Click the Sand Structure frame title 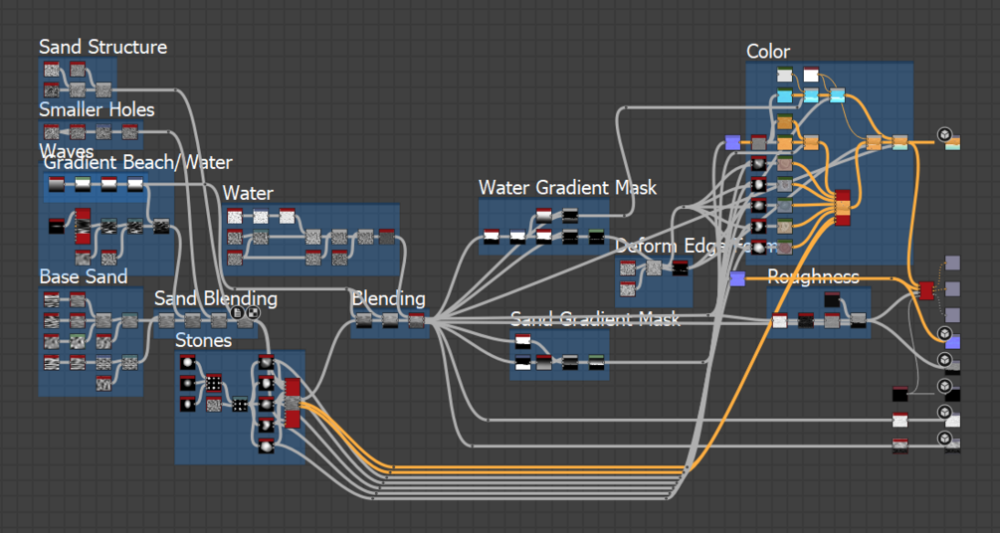click(102, 47)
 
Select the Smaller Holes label click(97, 109)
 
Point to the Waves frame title click(67, 150)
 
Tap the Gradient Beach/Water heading click(138, 162)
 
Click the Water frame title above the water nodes click(248, 193)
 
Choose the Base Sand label click(84, 276)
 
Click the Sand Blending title click(215, 298)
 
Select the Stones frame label click(203, 340)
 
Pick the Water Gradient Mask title click(567, 187)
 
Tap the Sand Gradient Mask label click(595, 318)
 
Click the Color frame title click(768, 52)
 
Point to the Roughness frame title click(813, 276)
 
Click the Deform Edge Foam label click(687, 246)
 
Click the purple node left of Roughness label click(737, 278)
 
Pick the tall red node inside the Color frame click(843, 207)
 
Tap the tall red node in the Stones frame click(293, 402)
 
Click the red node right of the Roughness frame click(926, 289)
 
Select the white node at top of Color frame click(811, 76)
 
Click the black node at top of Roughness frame click(832, 299)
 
